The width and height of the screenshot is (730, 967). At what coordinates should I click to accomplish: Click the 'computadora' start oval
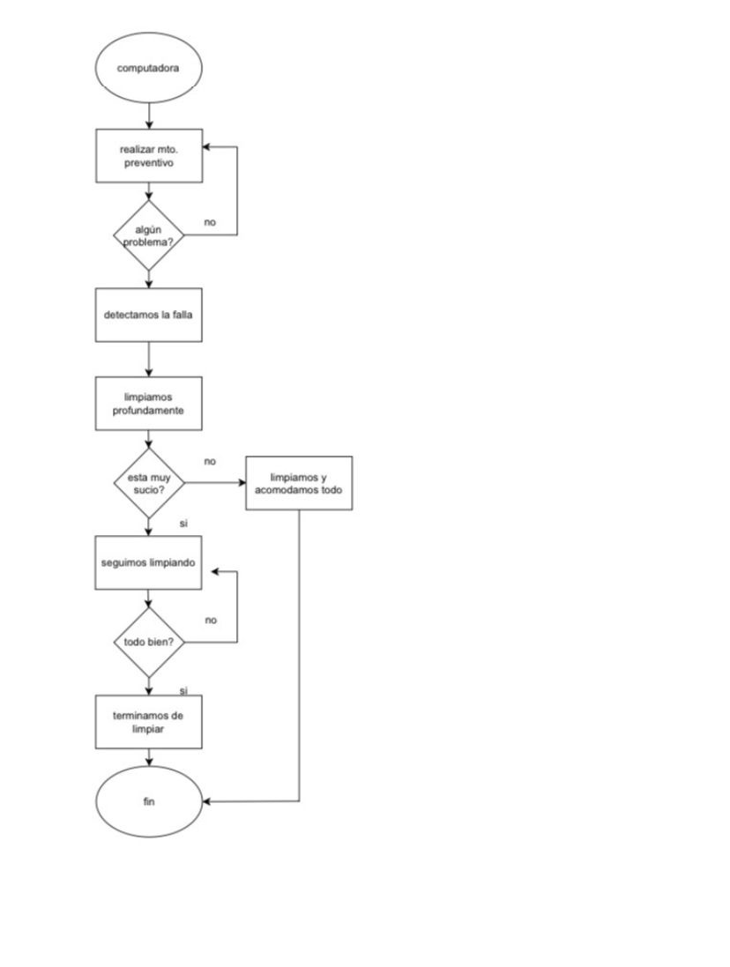[149, 68]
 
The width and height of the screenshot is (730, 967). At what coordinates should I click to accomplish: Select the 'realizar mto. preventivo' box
[149, 156]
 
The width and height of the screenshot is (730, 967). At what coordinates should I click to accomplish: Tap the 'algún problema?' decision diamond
[149, 235]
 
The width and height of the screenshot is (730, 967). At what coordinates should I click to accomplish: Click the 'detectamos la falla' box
[149, 315]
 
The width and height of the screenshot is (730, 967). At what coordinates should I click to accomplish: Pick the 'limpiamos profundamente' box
[149, 404]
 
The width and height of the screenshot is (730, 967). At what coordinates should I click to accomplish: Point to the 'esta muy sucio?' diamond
[149, 482]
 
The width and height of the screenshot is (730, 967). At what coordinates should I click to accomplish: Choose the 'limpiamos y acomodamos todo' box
[299, 483]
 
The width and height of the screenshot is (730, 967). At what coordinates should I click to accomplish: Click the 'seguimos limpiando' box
[149, 562]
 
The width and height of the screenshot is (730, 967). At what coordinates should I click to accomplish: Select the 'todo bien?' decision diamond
[149, 642]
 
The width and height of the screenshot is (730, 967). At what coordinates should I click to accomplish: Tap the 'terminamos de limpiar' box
[149, 722]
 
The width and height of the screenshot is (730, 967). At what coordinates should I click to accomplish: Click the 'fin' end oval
[149, 801]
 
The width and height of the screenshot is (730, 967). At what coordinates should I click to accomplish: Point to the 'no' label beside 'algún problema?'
[210, 222]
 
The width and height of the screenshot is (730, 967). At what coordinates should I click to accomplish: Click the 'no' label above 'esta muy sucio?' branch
[210, 461]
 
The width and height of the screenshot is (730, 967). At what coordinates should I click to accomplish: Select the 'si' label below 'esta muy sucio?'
[183, 524]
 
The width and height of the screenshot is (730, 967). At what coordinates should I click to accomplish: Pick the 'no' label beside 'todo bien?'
[211, 620]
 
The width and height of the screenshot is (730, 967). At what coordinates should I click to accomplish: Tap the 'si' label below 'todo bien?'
[183, 690]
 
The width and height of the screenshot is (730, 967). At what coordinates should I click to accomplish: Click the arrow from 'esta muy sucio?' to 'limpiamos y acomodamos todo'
[215, 483]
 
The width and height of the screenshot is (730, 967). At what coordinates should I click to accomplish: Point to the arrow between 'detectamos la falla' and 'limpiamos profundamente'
[149, 359]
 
